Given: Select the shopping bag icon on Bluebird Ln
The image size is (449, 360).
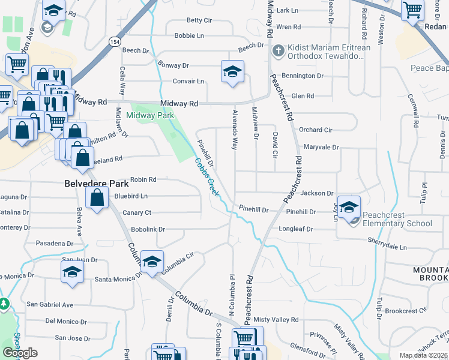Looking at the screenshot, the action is (97, 197).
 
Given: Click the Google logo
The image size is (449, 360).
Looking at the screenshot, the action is (20, 353).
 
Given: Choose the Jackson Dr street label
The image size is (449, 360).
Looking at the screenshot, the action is (317, 193).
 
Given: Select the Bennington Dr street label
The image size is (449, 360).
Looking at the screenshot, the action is (303, 76).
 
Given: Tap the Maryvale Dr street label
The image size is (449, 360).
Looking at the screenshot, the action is (321, 147).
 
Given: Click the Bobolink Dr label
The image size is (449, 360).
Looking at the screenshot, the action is (148, 230).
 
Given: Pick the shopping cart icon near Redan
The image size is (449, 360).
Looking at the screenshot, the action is (412, 9).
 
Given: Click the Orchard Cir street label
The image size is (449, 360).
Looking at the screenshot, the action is (315, 130).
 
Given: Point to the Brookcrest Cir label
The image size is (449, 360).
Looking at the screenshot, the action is (406, 311).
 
